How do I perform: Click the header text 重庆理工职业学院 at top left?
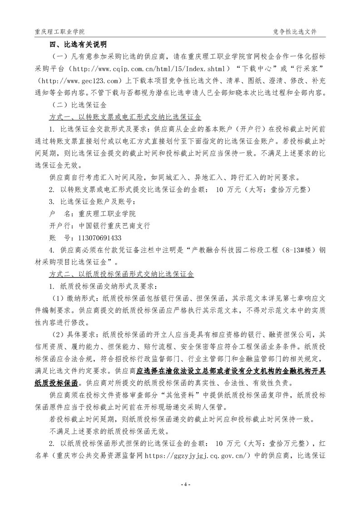click(x=59, y=32)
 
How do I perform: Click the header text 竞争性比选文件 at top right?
click(x=295, y=32)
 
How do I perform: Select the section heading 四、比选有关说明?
click(x=78, y=44)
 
